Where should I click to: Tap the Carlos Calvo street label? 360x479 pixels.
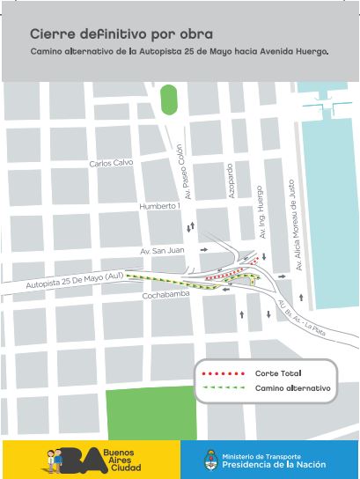pos(111,164)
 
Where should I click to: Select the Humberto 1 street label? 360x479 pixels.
pos(159,206)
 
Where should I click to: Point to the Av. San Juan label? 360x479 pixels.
pos(163,251)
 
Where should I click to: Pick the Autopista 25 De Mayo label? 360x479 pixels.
pos(74,281)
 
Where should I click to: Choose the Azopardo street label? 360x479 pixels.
pos(231,181)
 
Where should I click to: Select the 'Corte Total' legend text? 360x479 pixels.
pos(273,373)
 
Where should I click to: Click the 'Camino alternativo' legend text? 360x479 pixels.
pos(292,387)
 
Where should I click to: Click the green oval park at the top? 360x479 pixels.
pos(168,99)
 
